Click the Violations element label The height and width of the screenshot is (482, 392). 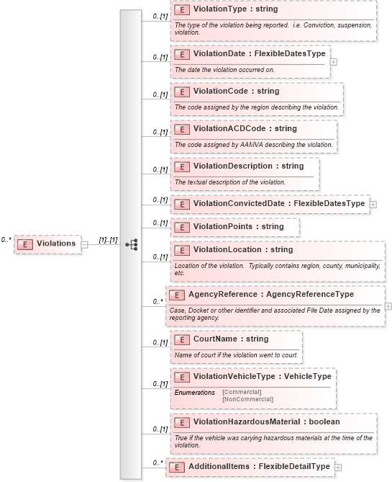click(56, 244)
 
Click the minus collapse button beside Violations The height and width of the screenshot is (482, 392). click(85, 244)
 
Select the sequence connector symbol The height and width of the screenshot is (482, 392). click(131, 244)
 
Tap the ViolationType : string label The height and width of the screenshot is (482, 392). click(235, 10)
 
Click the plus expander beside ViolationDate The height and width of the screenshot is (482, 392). click(334, 61)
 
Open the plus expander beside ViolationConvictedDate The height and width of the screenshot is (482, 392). click(373, 204)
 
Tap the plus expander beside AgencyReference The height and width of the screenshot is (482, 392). click(388, 305)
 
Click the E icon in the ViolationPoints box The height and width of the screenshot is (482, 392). click(182, 226)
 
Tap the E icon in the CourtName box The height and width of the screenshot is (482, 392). click(182, 339)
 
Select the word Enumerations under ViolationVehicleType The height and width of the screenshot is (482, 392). click(194, 392)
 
